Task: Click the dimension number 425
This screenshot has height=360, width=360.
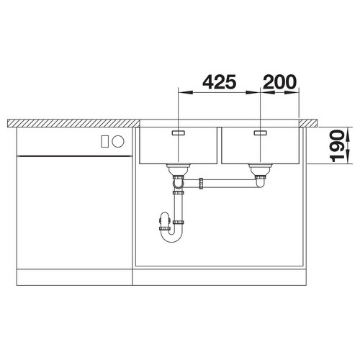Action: (220, 82)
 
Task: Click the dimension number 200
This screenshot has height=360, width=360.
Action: (280, 82)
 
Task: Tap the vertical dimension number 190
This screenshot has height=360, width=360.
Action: (337, 146)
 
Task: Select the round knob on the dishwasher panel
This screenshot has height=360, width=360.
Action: (118, 141)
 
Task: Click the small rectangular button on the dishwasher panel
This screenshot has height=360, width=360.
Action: (104, 141)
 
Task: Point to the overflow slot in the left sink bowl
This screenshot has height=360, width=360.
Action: (178, 132)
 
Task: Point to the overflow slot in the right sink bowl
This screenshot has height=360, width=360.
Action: (261, 132)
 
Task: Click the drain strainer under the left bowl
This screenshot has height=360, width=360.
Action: (179, 170)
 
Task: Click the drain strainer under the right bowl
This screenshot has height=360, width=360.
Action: (261, 170)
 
